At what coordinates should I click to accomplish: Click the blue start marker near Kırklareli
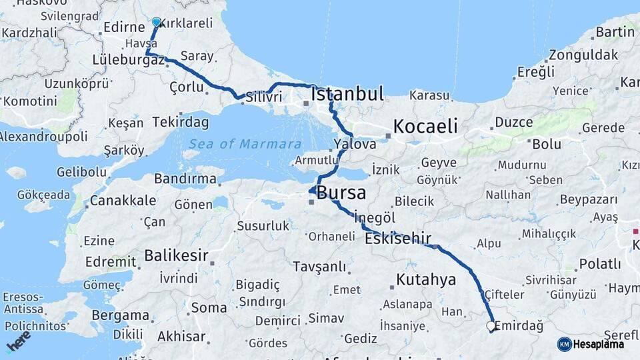pos(156,22)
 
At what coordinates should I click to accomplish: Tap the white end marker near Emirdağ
pos(491,327)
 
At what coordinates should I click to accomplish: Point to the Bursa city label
pos(341,193)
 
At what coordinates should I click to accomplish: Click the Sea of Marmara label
pos(245,144)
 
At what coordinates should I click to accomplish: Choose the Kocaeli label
pos(425,126)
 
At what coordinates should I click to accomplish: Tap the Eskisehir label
pos(398,239)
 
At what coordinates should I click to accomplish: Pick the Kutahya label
pos(426,279)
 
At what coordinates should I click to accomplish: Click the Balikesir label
pos(177,255)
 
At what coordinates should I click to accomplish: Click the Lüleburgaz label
pos(129,60)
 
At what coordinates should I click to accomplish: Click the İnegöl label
pos(375,218)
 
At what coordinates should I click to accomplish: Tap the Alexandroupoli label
pos(44,137)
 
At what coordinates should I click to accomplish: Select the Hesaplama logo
pos(591,344)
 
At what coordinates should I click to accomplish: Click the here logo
pos(18,341)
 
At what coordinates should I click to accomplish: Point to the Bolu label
pos(546,144)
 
